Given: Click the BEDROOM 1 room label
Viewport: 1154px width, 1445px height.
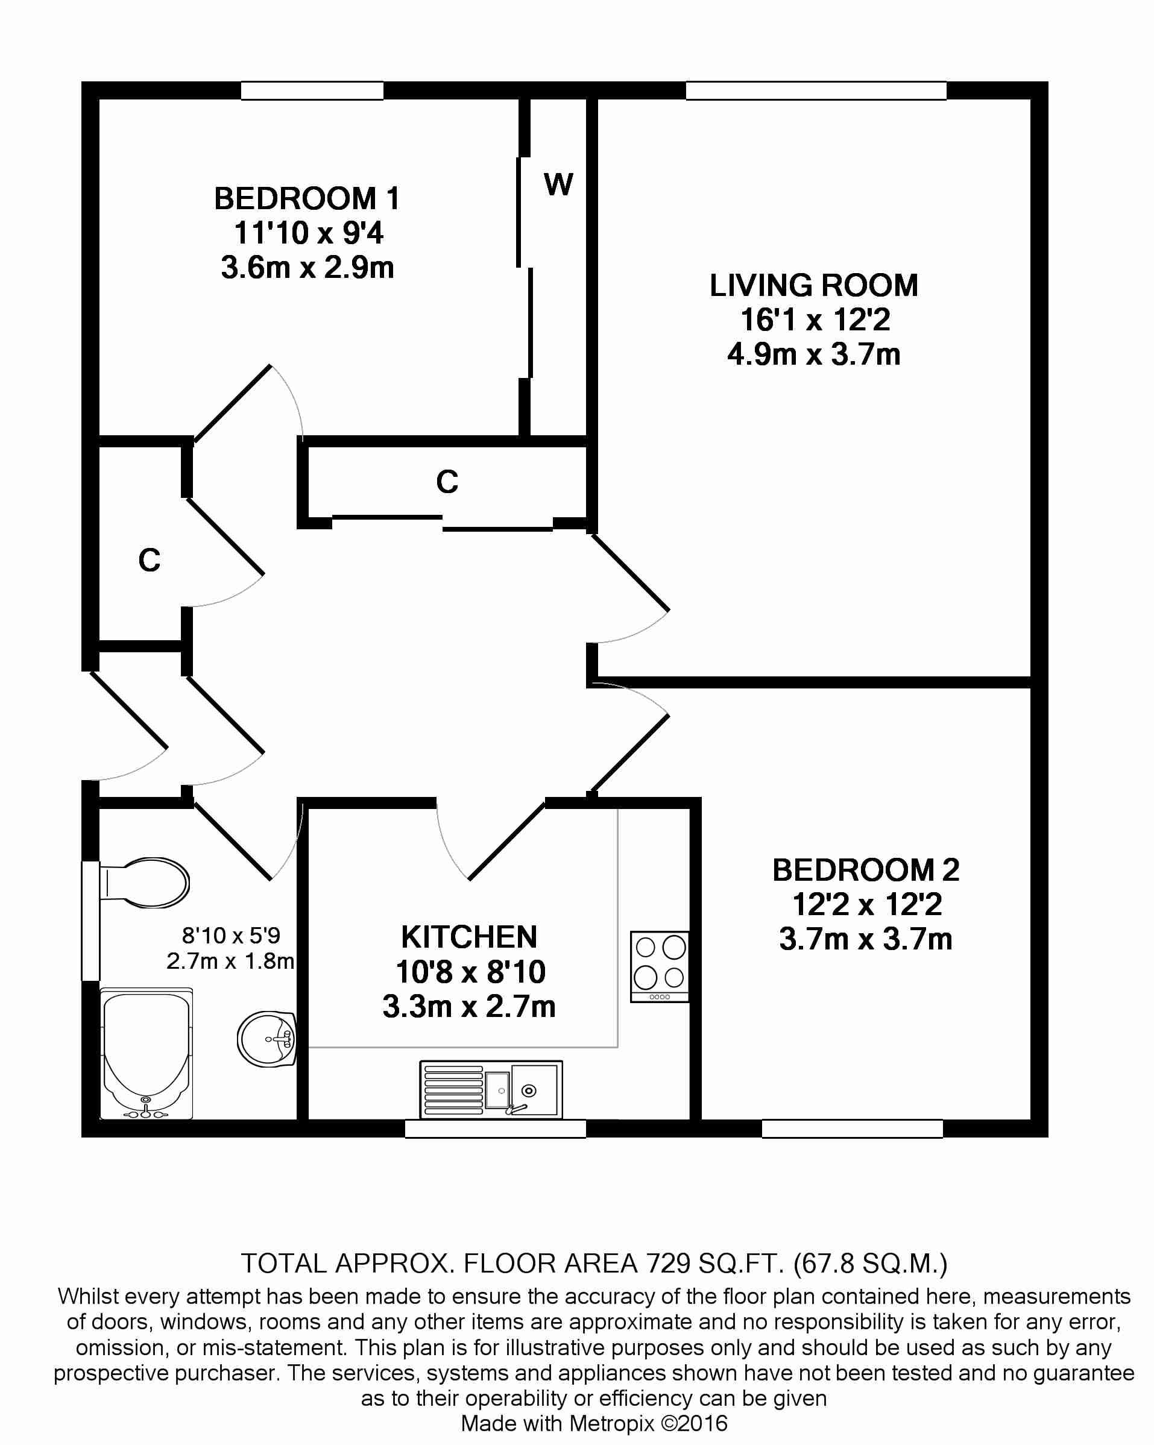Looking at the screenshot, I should click(x=307, y=199).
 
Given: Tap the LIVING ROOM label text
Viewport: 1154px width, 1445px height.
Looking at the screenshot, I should click(x=813, y=286).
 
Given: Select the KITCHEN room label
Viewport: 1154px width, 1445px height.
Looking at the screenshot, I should click(x=468, y=937).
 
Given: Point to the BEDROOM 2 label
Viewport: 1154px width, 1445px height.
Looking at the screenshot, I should click(x=865, y=870).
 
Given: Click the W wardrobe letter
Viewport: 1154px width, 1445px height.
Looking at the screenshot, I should click(x=558, y=184).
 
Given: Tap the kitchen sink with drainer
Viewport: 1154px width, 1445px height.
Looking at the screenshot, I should click(x=491, y=1089).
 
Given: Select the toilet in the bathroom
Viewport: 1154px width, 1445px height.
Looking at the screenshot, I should click(x=144, y=883).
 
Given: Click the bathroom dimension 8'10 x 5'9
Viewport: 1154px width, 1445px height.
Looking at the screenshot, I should click(x=230, y=935).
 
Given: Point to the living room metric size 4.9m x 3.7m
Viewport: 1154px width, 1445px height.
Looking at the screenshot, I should click(x=813, y=354).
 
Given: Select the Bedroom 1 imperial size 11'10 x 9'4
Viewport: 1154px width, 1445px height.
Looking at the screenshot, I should click(x=308, y=233).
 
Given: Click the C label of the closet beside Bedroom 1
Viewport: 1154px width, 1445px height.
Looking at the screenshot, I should click(x=447, y=482).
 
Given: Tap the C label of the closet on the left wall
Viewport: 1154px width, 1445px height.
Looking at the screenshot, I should click(x=150, y=560).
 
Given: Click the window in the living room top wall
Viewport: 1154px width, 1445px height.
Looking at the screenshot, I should click(x=816, y=90).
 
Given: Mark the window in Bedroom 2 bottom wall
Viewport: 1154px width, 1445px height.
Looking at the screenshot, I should click(x=852, y=1129).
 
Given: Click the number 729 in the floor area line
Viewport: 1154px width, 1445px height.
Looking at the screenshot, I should click(x=667, y=1264).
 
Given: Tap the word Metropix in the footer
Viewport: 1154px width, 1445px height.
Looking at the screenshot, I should click(x=611, y=1423).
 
